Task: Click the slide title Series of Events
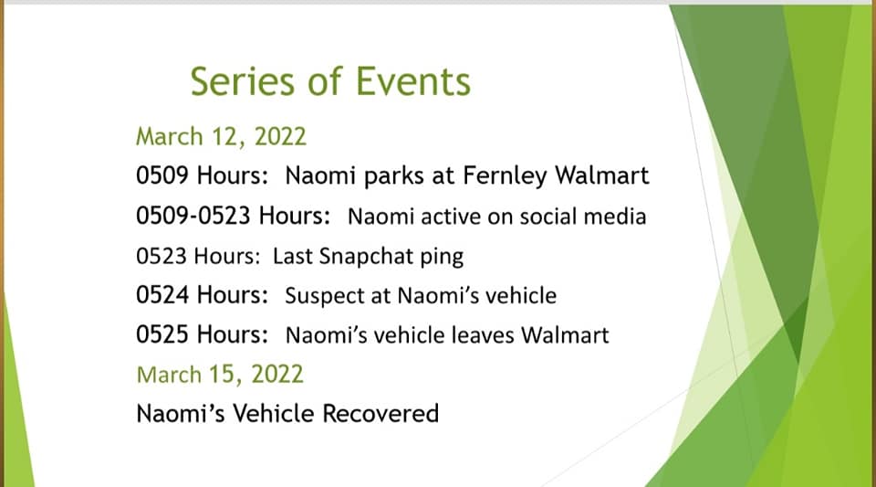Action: pyautogui.click(x=330, y=81)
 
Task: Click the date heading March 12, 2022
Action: pyautogui.click(x=221, y=137)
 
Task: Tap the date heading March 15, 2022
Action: pyautogui.click(x=220, y=375)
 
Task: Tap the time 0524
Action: pyautogui.click(x=162, y=294)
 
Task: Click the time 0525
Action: pyautogui.click(x=162, y=334)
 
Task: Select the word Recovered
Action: pyautogui.click(x=381, y=414)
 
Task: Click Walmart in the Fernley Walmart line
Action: pyautogui.click(x=601, y=175)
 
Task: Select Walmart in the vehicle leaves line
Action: pyautogui.click(x=565, y=335)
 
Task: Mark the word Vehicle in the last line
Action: pyautogui.click(x=274, y=414)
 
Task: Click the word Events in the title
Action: pyautogui.click(x=413, y=81)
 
